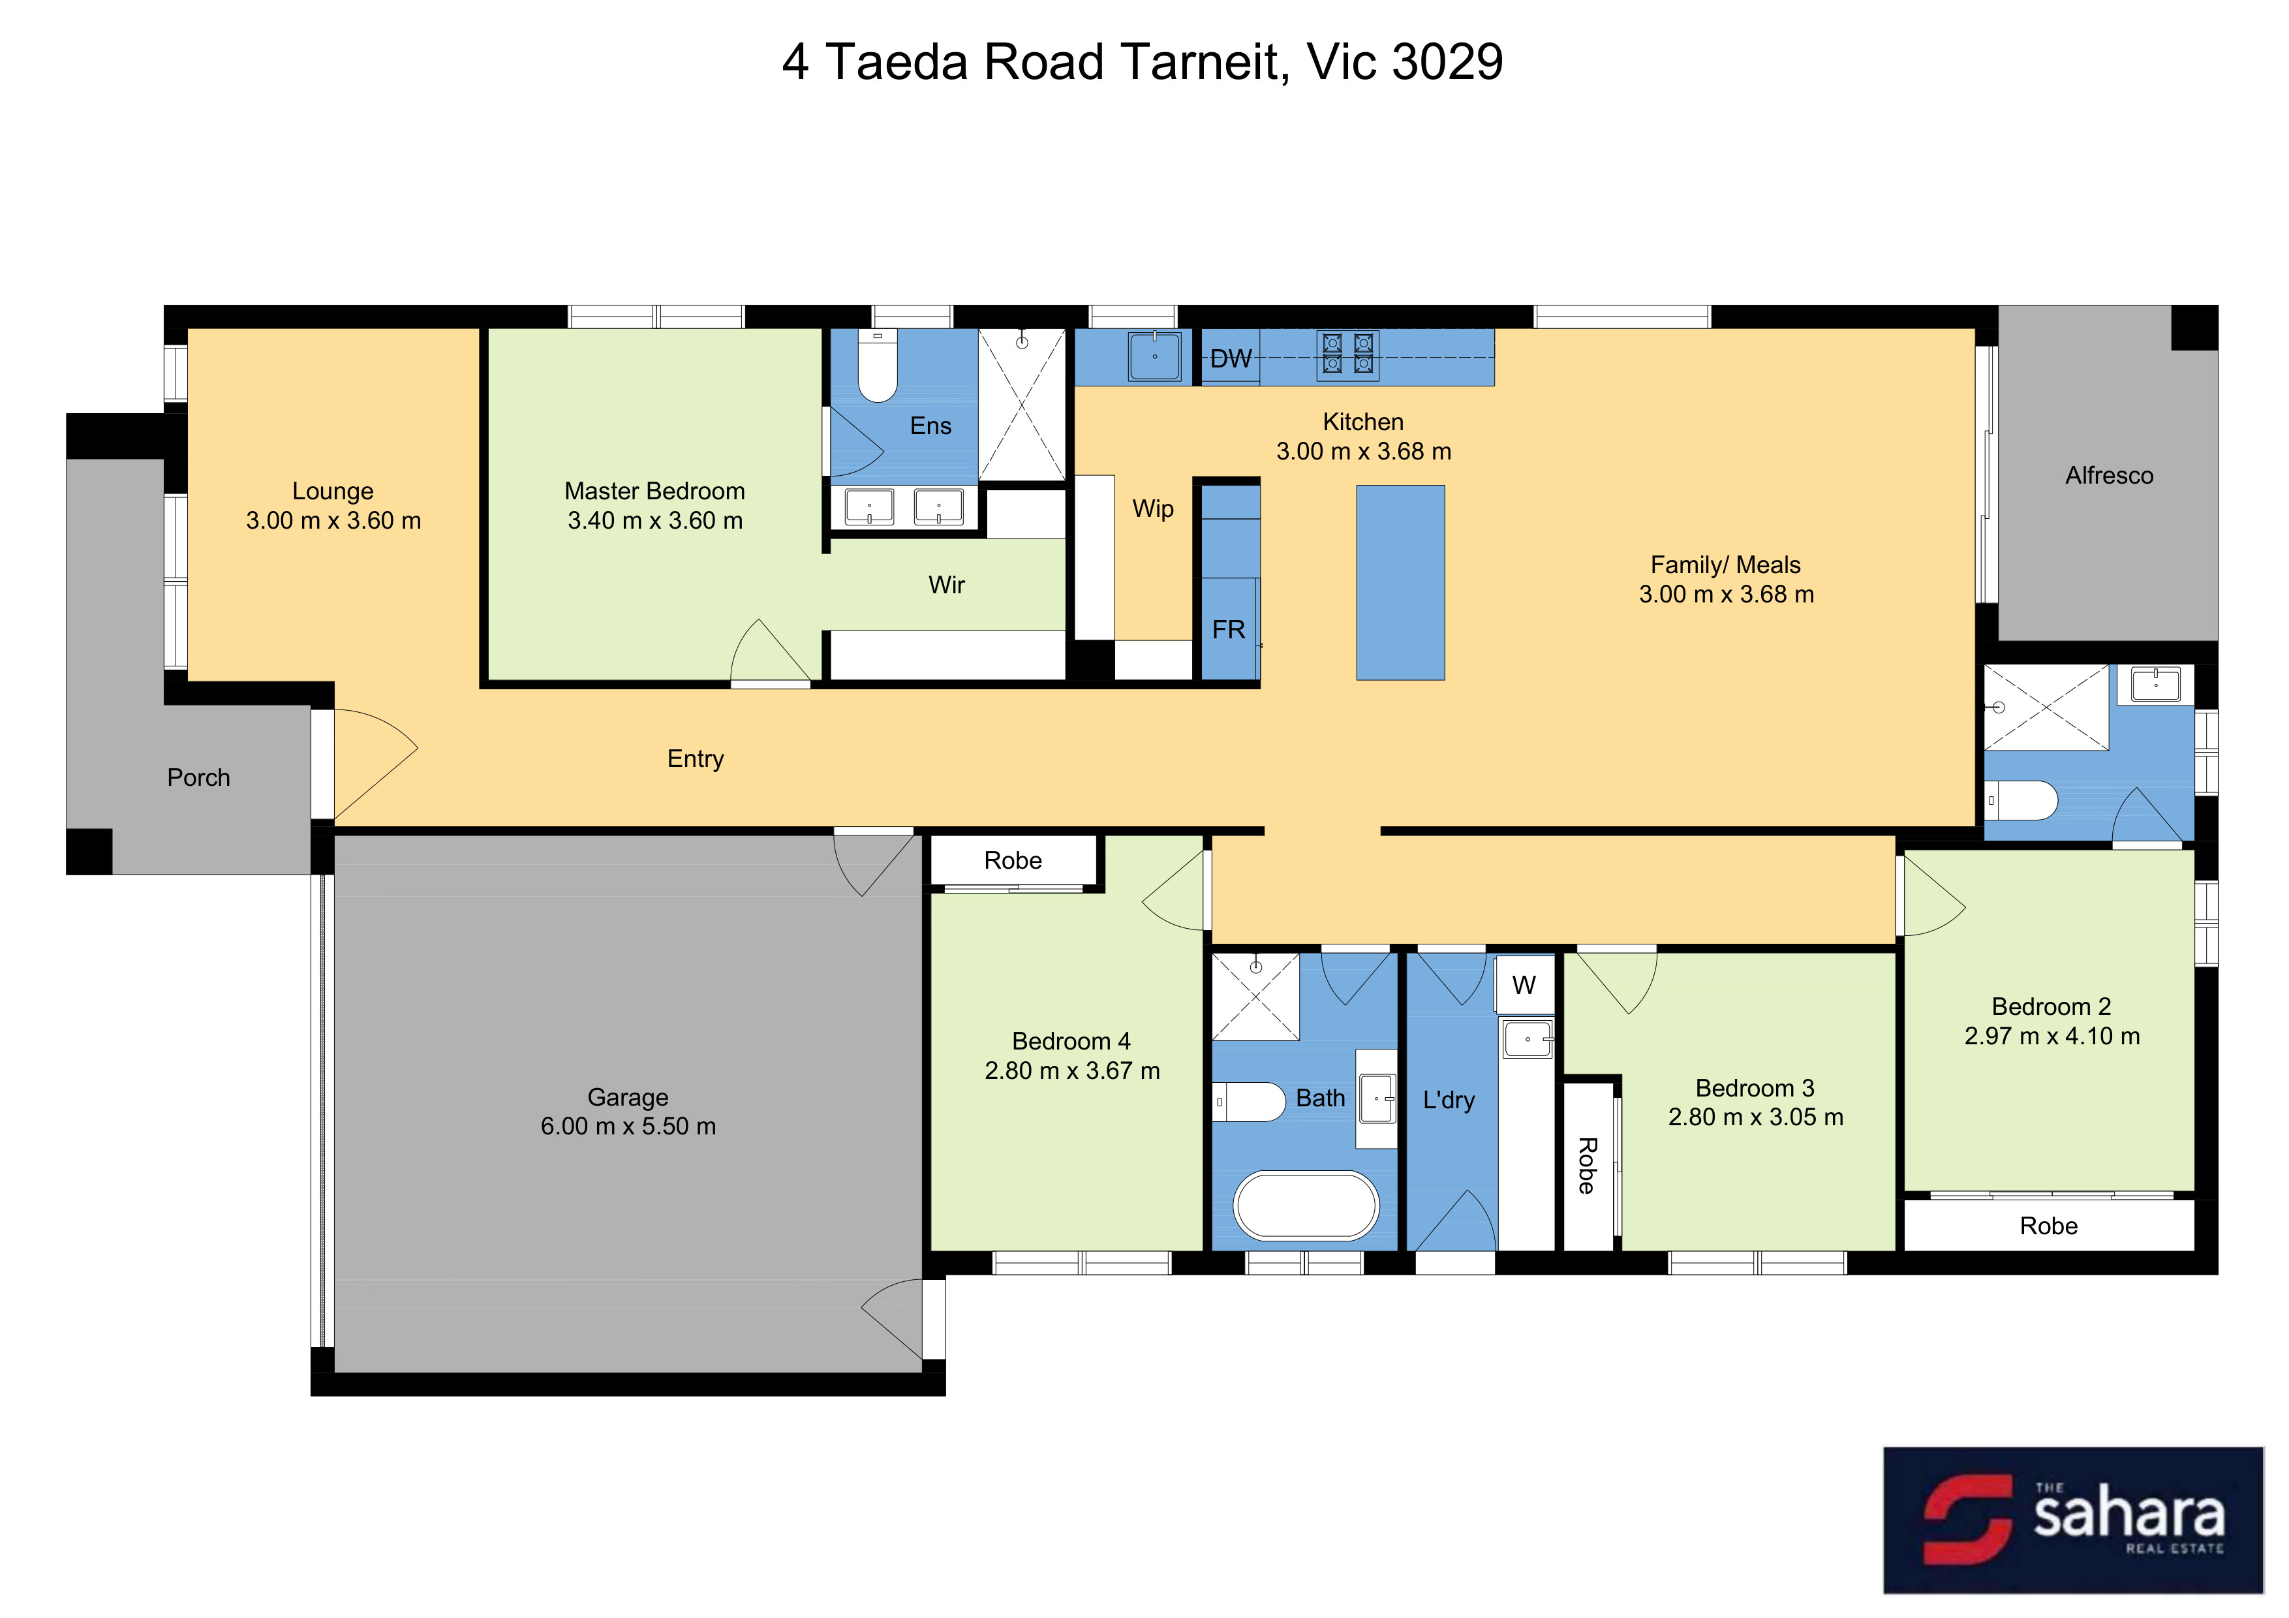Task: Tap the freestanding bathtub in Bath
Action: click(1306, 1206)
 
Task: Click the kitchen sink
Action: click(1154, 356)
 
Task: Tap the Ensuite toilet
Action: click(878, 366)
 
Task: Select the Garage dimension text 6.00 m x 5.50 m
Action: click(628, 1127)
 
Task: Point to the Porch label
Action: click(198, 777)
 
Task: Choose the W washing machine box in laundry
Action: click(1524, 984)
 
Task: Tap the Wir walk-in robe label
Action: click(946, 585)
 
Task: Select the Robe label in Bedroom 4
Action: click(1013, 860)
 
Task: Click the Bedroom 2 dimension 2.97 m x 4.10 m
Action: click(2051, 1036)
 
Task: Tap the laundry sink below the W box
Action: click(1528, 1039)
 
